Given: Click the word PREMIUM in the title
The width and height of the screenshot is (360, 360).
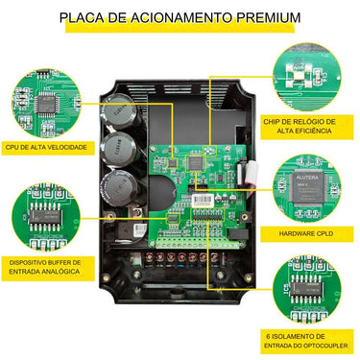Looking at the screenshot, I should click(x=258, y=17).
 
